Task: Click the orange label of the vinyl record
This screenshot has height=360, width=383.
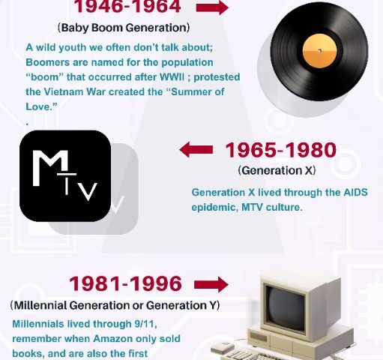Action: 319,51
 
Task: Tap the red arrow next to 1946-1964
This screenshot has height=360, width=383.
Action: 212,7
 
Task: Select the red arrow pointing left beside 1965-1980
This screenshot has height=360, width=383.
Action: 196,149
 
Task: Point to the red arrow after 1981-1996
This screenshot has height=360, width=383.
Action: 211,284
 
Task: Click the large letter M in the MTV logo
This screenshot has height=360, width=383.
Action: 50,168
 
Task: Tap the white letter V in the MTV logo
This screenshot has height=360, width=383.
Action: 88,191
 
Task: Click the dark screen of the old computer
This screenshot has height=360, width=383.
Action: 286,308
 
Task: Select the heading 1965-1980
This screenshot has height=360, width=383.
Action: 281,150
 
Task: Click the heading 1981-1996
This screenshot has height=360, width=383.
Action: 125,283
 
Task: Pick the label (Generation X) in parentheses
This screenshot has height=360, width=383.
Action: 277,171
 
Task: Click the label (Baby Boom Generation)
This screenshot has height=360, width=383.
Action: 124,28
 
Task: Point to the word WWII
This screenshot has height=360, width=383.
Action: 172,77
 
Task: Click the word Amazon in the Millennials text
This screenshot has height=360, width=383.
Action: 112,339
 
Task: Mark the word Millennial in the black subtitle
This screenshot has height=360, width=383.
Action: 40,305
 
